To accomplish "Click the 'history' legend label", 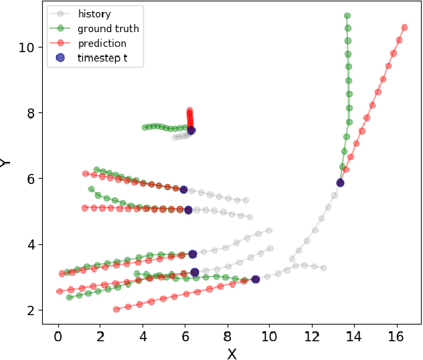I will pos(94,13).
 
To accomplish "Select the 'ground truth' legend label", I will pos(108,29).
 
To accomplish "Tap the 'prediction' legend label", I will pos(102,43).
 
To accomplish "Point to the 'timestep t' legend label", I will pos(101,58).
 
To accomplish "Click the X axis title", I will pos(232,354).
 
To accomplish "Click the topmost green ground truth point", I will pos(347,15).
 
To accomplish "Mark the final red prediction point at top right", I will pos(404,27).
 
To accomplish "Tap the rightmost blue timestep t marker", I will pos(340,183).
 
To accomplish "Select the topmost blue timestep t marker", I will pos(191,130).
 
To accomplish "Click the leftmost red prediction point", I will pos(60,291).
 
